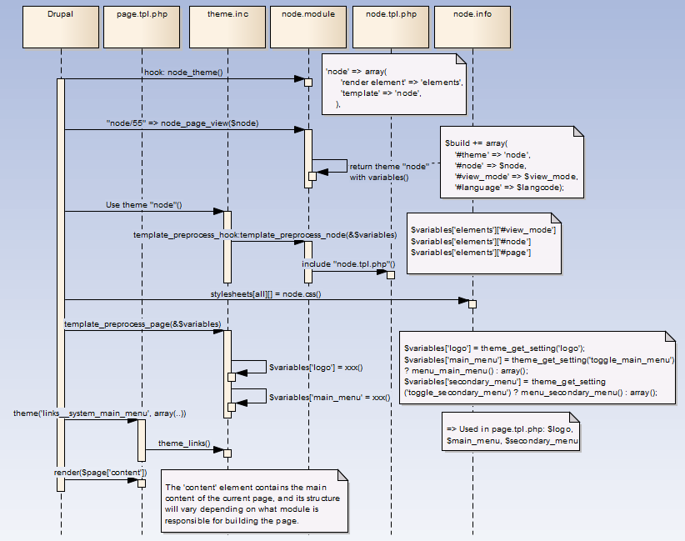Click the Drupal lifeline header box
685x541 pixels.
coord(61,26)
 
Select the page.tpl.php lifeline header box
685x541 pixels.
coord(142,26)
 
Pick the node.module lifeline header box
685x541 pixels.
coord(307,26)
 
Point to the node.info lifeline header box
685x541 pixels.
coord(472,26)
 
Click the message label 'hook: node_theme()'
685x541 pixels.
coord(184,73)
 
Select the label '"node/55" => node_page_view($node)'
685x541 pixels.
coord(182,123)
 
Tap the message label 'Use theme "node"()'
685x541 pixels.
coord(144,204)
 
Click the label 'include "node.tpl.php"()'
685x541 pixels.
coord(348,264)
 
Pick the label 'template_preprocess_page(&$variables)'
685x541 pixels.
coord(142,323)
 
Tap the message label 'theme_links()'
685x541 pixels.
coord(184,443)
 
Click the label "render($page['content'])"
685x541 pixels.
coord(101,473)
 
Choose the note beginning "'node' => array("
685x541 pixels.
coord(393,83)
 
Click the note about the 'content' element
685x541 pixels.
coord(253,503)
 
